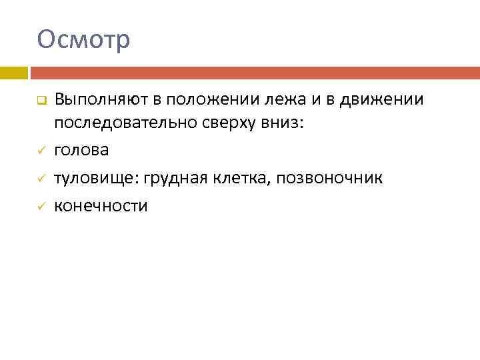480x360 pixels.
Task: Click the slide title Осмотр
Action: [x=84, y=40]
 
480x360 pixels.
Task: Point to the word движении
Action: [x=381, y=101]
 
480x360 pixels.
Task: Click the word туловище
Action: [x=95, y=179]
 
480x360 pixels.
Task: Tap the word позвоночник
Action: [x=332, y=179]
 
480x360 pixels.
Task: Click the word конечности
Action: [x=101, y=206]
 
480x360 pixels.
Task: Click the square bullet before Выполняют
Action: [x=40, y=102]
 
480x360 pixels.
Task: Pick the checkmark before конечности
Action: [x=40, y=207]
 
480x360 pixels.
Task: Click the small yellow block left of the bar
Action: [x=13, y=73]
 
